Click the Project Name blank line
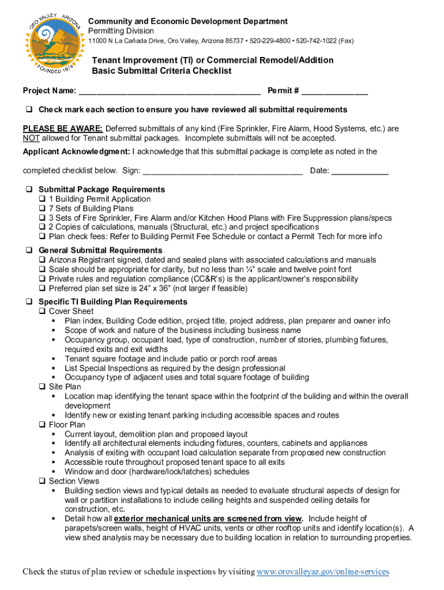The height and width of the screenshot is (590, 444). [170, 92]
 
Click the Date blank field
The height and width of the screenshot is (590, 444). [360, 171]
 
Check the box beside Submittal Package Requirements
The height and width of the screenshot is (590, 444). [28, 190]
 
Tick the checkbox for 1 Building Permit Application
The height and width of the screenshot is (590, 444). [42, 199]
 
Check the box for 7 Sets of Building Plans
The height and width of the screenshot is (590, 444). [42, 209]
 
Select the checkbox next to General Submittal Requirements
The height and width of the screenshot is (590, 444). [28, 251]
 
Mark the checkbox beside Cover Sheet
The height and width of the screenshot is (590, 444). [42, 312]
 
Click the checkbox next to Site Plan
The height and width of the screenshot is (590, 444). [42, 387]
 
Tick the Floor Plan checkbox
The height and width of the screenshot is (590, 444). [42, 425]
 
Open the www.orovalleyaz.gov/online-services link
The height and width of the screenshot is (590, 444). [323, 572]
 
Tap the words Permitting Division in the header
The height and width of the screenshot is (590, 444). [121, 31]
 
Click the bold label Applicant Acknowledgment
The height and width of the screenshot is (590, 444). [76, 152]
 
